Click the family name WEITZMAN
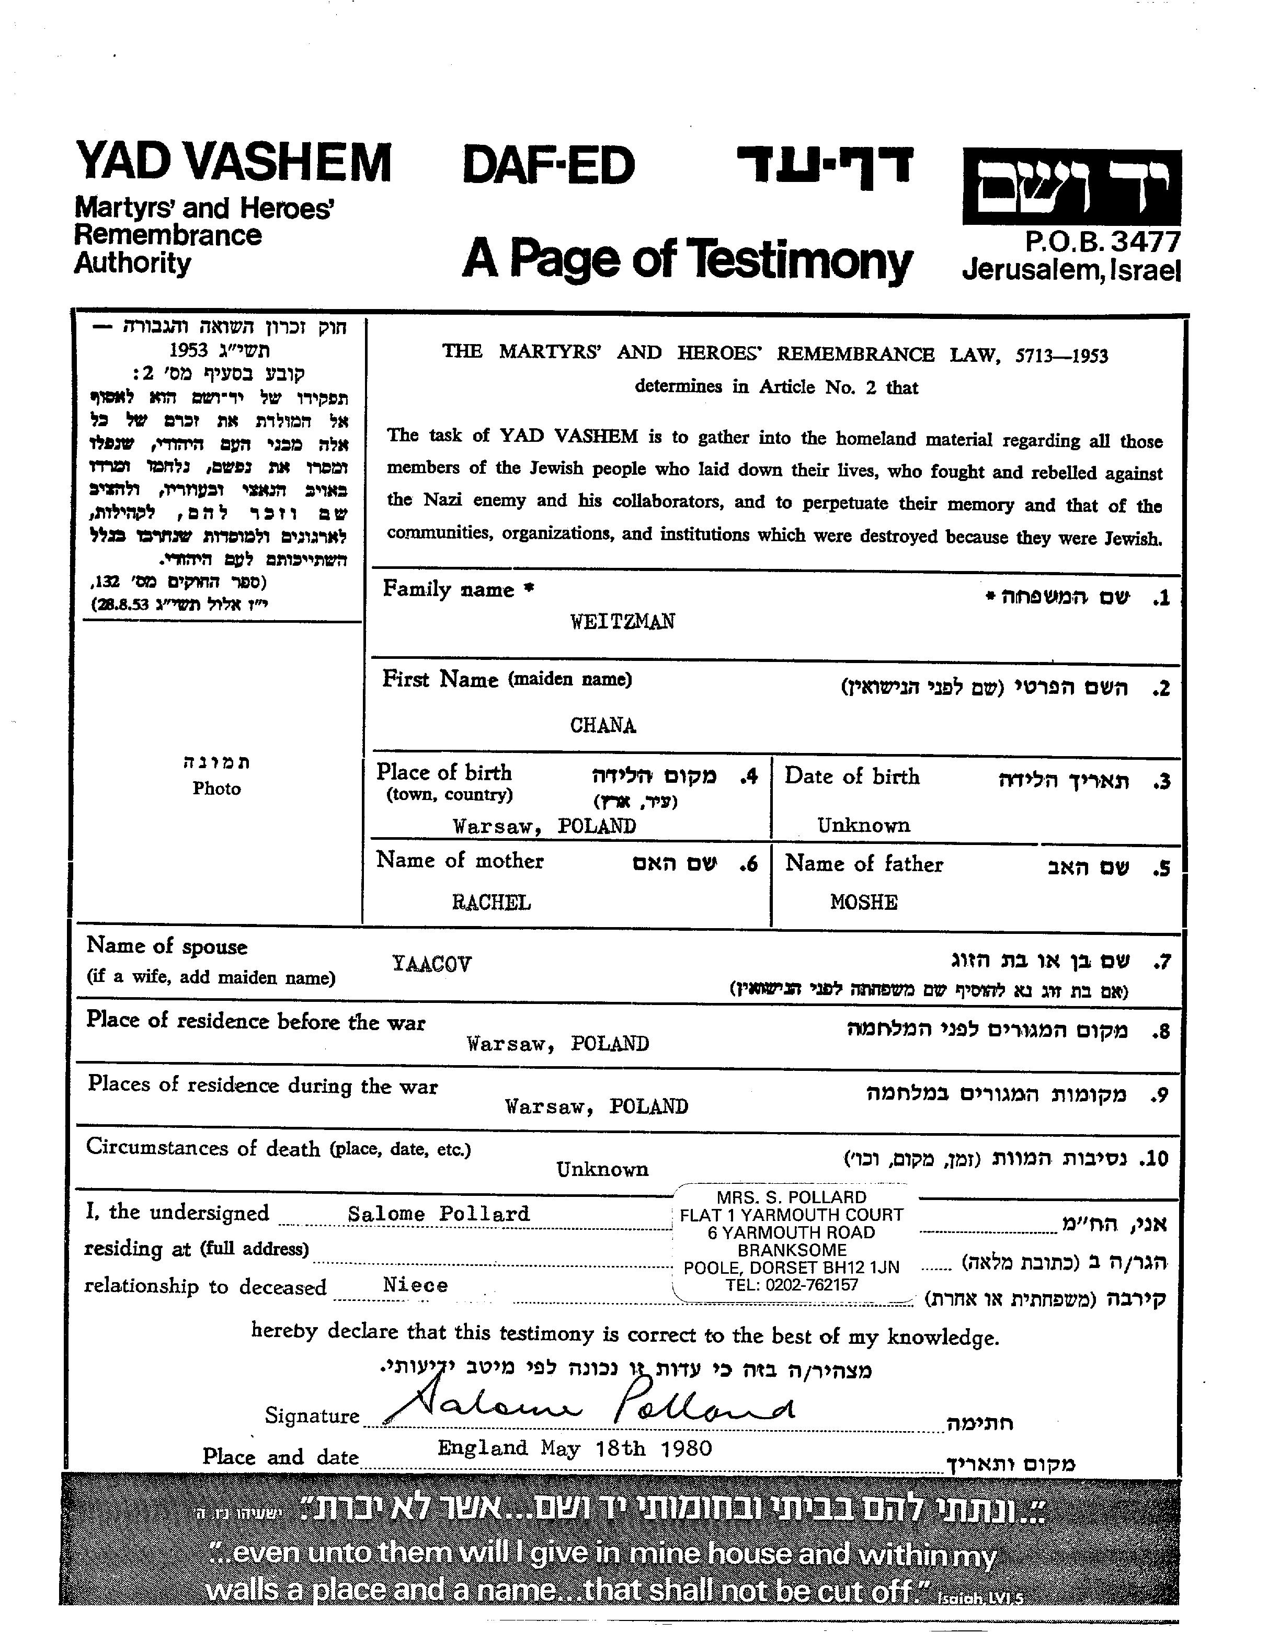(622, 621)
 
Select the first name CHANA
(602, 725)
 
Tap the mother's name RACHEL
(491, 903)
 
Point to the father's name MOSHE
(863, 902)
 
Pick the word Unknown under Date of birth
(863, 826)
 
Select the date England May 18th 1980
(574, 1448)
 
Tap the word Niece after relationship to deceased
(415, 1285)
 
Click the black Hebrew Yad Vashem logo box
(1071, 187)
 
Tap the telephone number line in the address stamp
(791, 1285)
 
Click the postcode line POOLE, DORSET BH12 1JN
(791, 1267)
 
